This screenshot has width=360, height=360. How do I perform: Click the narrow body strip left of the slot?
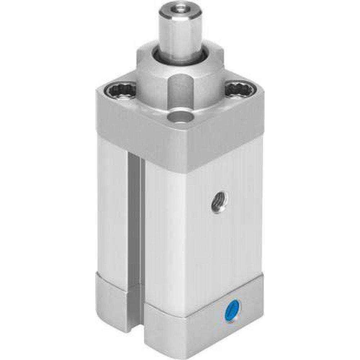click(x=111, y=209)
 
